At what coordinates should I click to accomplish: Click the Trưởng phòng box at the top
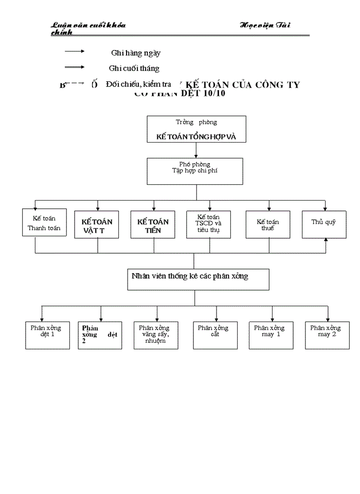point(196,129)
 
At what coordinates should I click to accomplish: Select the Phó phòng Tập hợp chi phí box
point(194,171)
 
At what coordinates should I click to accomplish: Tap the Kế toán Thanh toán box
point(45,222)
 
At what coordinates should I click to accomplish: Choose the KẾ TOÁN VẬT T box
point(97,225)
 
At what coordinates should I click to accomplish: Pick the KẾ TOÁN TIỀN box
point(153,225)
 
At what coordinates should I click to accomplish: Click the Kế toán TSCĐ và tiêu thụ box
point(209,224)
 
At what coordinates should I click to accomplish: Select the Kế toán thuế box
point(268,224)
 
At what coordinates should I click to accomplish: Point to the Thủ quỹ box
point(324,224)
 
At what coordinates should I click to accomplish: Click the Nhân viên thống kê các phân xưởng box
point(199,279)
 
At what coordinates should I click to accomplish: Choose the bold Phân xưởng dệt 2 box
point(100,336)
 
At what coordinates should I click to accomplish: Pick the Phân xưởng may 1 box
point(271,336)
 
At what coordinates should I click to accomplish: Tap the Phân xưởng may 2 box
point(327,336)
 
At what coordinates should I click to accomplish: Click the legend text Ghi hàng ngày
point(136,52)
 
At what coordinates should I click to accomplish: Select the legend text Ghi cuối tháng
point(134,68)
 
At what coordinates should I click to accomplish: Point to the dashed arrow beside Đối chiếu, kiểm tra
point(75,83)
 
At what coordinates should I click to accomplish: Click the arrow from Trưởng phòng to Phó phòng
point(195,150)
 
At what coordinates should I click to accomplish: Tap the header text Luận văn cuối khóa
point(88,25)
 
